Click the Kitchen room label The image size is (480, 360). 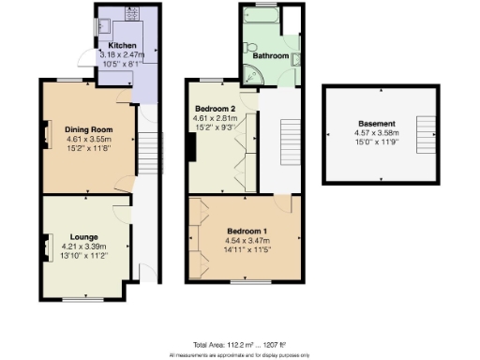123,46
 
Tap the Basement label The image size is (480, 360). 382,124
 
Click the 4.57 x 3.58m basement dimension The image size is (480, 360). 382,134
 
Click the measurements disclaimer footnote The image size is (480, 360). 239,355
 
